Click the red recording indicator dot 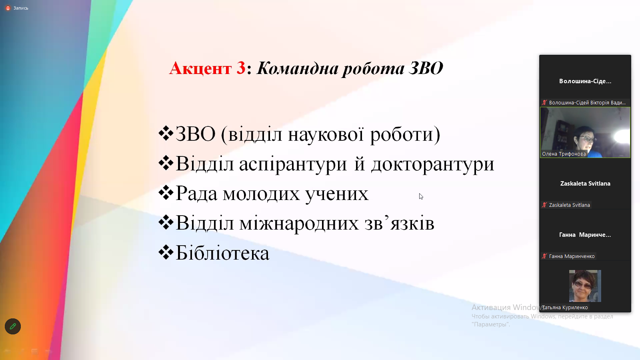[x=8, y=8]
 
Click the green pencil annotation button [x=13, y=326]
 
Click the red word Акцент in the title [x=200, y=68]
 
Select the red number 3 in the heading [x=241, y=68]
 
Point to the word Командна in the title [x=298, y=68]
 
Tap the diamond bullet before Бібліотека [x=166, y=252]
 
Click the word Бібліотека [x=222, y=253]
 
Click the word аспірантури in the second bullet [x=293, y=164]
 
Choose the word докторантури [x=432, y=164]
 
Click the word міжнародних [x=299, y=223]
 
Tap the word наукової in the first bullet [x=326, y=134]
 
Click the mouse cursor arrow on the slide [x=421, y=196]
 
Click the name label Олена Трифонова [x=564, y=154]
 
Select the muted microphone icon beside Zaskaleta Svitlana [x=544, y=205]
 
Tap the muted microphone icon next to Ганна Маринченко [x=544, y=256]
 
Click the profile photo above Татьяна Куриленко [x=585, y=286]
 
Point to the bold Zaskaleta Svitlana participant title [x=585, y=184]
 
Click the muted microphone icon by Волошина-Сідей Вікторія [x=544, y=102]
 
